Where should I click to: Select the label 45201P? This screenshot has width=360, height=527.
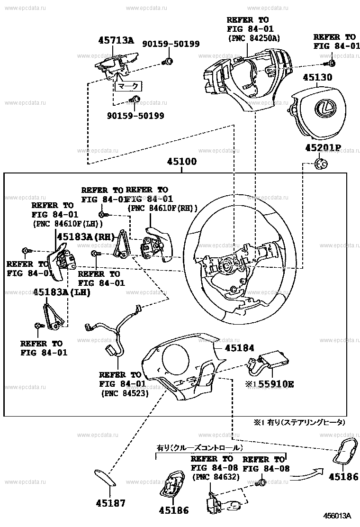tap(322, 147)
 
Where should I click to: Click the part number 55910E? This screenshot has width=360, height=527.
tap(272, 384)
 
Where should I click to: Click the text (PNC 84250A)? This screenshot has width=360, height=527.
tap(254, 38)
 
